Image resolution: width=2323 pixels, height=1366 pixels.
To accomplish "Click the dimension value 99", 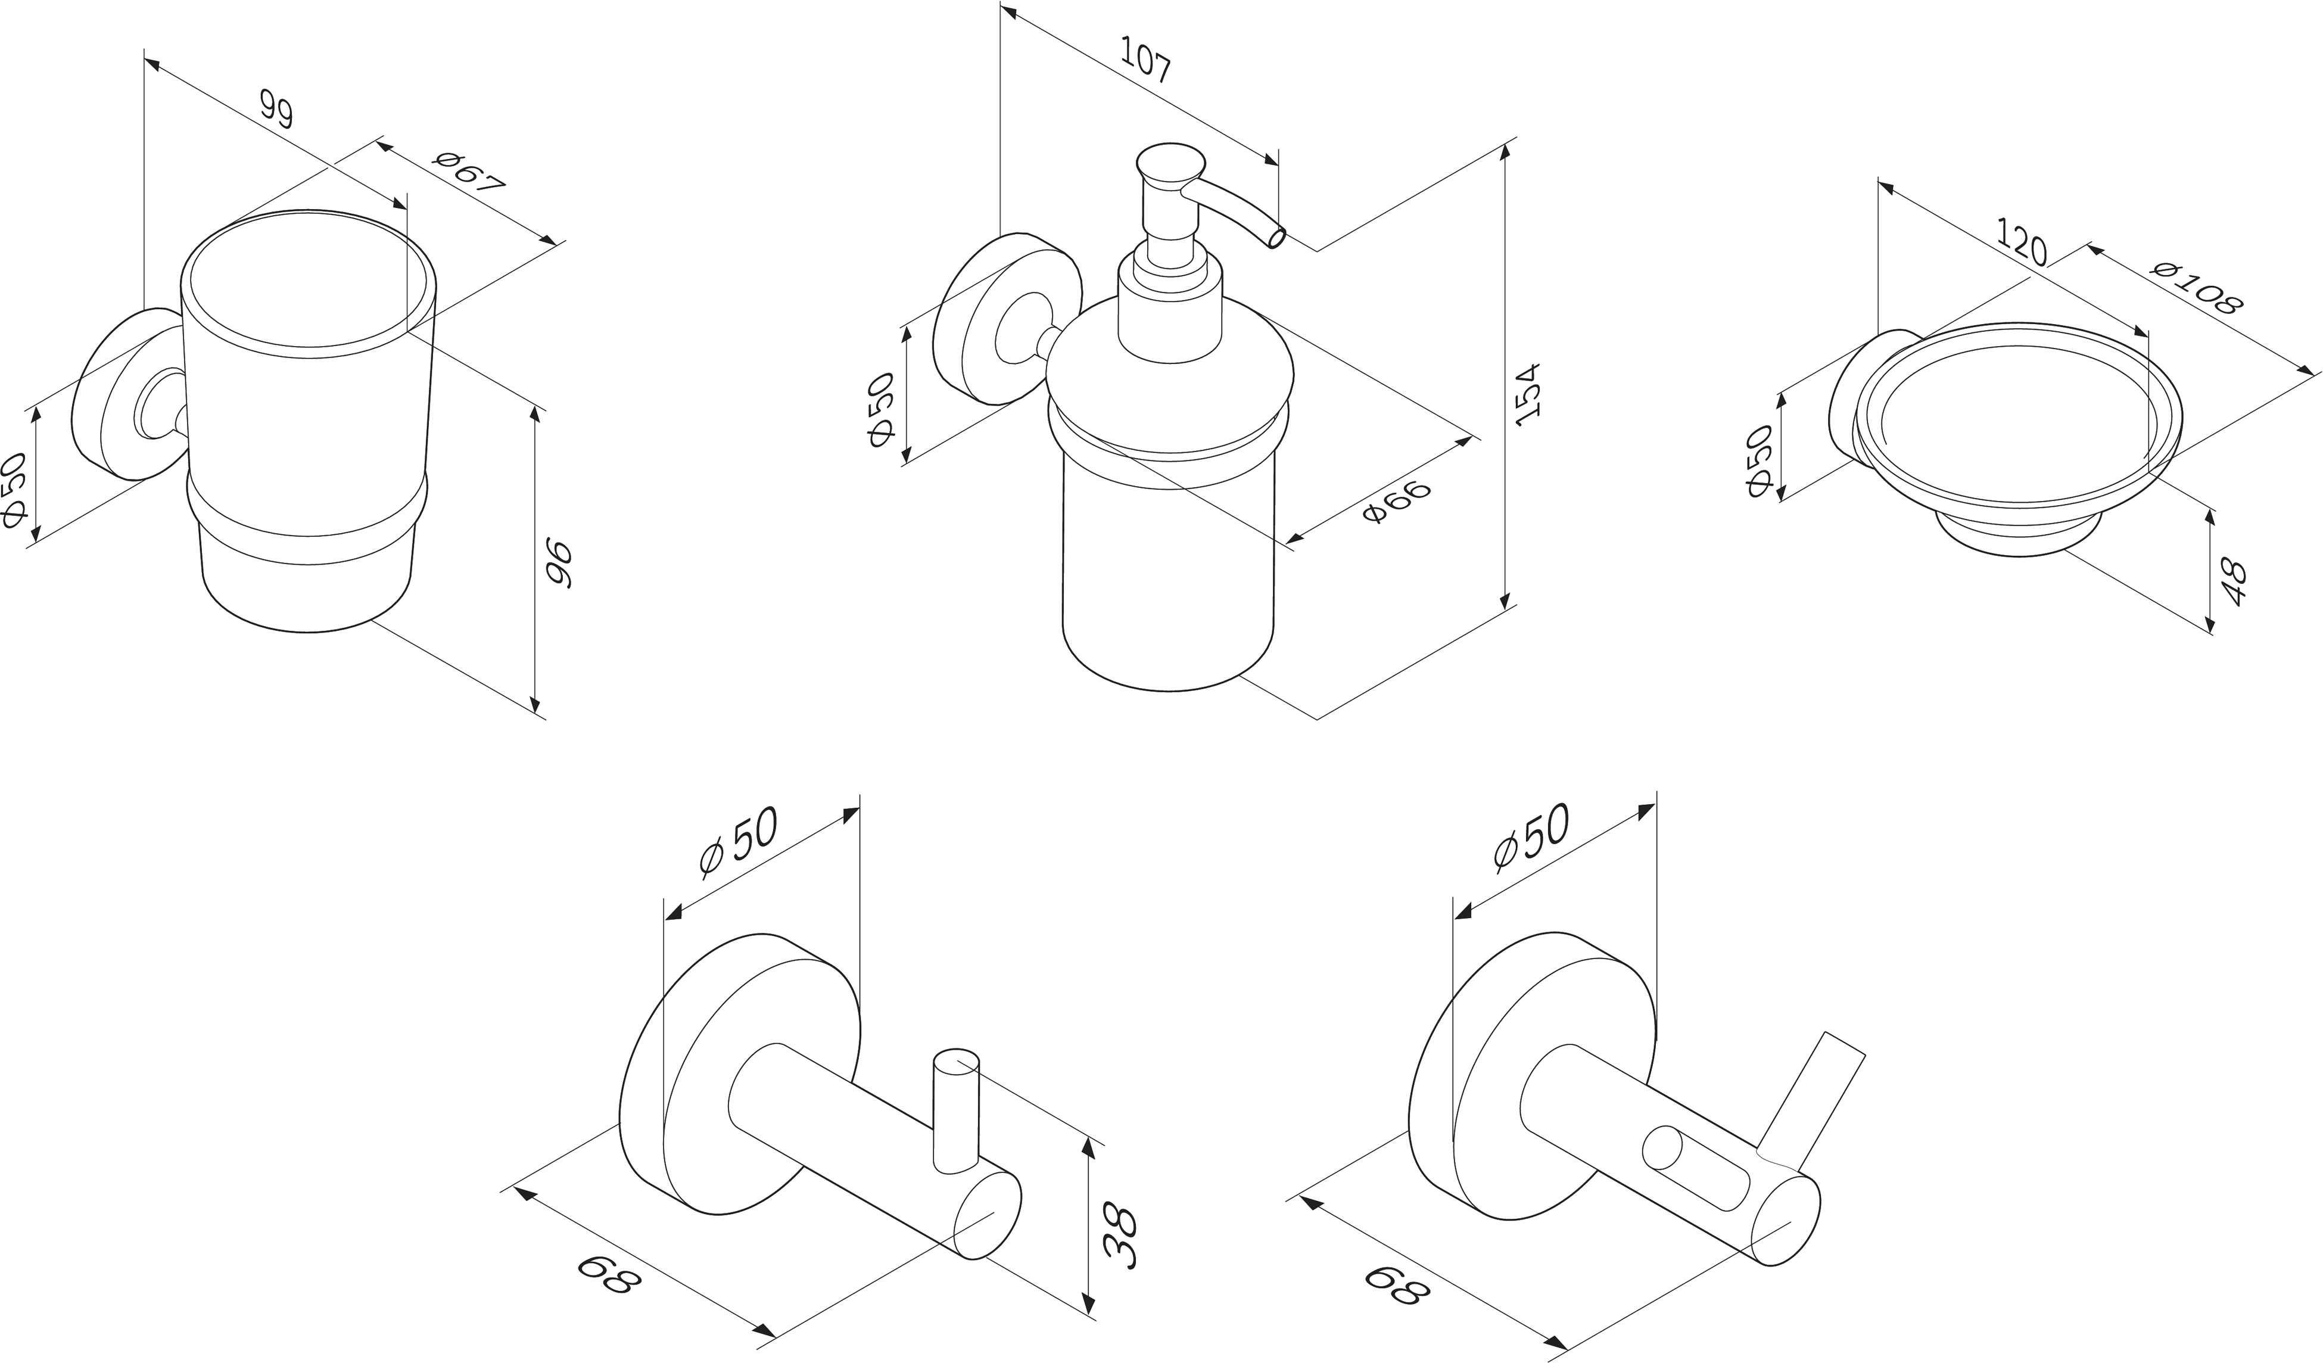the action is pyautogui.click(x=276, y=110).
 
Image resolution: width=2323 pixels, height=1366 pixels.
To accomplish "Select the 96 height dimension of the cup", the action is pyautogui.click(x=559, y=564).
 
